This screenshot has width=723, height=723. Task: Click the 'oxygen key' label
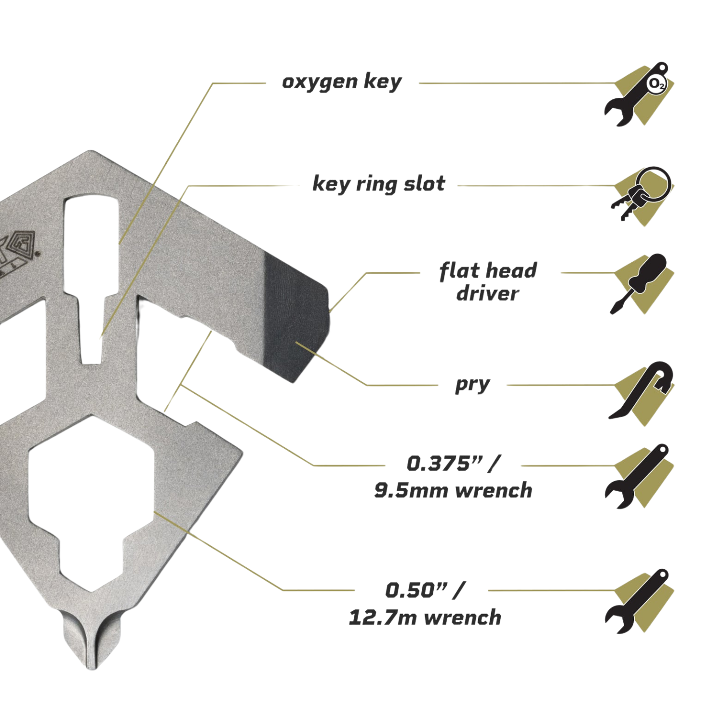click(341, 82)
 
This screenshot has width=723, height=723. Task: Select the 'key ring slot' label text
click(379, 184)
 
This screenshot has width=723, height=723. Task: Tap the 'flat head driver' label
click(488, 281)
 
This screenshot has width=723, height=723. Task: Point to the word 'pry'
click(472, 385)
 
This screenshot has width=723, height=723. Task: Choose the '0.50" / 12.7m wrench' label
click(425, 603)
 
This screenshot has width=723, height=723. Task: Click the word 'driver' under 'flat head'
click(488, 294)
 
